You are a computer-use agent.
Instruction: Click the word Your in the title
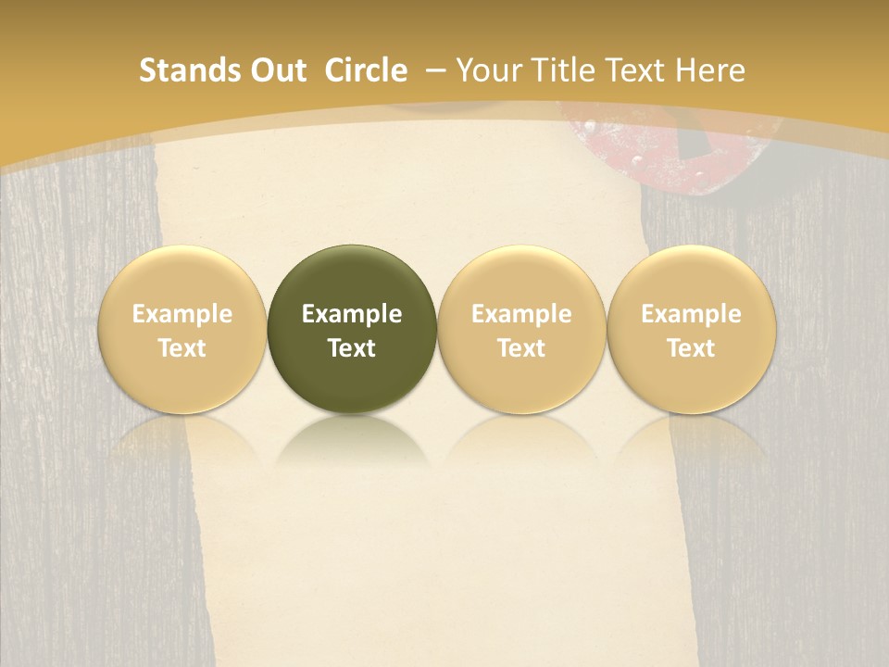[x=489, y=70]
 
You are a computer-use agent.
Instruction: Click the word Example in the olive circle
[x=352, y=314]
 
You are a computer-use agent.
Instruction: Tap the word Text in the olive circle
[x=352, y=348]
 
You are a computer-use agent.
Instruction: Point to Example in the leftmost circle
[x=182, y=314]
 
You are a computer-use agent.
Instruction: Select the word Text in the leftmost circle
[x=182, y=348]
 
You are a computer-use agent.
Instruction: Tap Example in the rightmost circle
[x=691, y=314]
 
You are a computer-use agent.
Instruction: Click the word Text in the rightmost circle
[x=691, y=348]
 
